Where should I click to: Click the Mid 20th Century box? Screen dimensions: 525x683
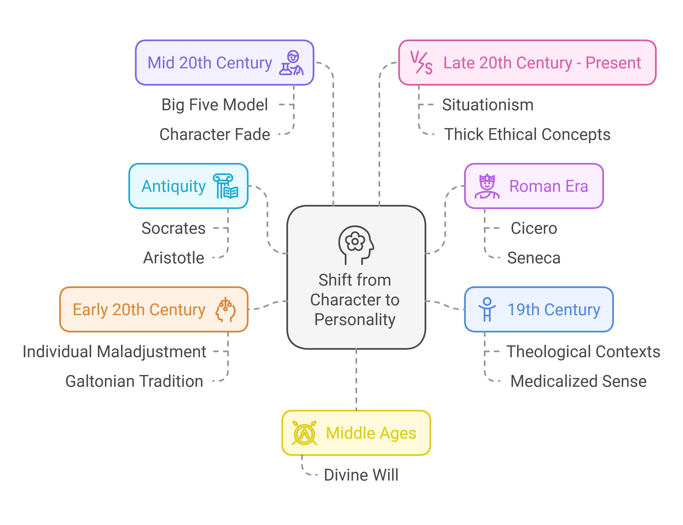tap(224, 63)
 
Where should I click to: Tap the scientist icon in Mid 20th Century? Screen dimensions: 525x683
tap(291, 63)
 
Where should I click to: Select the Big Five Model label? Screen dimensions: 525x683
tap(215, 105)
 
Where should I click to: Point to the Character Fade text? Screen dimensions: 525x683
tap(215, 134)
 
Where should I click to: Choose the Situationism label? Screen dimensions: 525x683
tap(487, 105)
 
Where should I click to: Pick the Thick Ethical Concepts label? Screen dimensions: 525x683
tap(527, 134)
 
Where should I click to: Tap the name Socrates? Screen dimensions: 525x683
tap(173, 228)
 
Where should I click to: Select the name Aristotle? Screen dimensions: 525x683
tap(174, 258)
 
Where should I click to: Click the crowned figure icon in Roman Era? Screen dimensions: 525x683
tap(487, 186)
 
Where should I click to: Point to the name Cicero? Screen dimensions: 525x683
tap(534, 228)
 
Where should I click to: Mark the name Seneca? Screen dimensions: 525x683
tap(534, 258)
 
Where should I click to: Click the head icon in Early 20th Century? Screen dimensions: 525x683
tap(225, 310)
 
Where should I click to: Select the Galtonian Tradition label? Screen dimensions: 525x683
tap(134, 381)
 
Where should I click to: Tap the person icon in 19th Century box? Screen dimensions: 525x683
tap(487, 309)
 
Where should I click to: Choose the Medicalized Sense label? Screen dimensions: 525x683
tap(578, 381)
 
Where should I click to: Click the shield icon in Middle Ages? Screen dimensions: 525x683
tap(304, 433)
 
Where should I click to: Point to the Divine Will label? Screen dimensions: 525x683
tap(361, 475)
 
